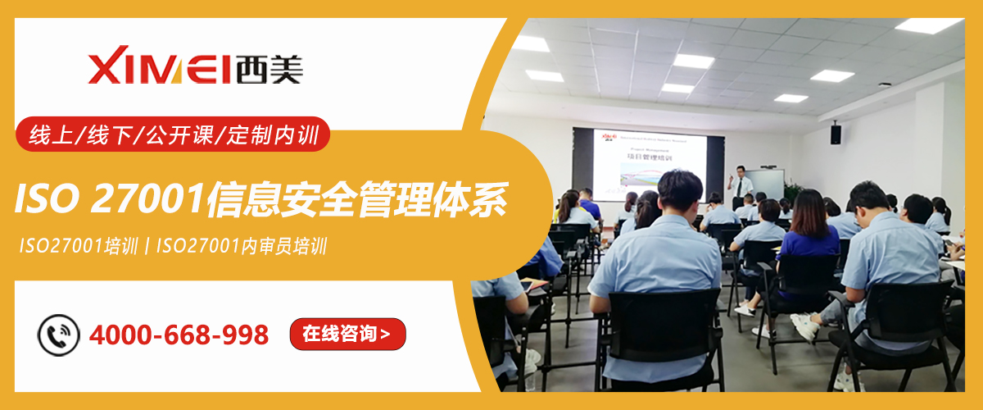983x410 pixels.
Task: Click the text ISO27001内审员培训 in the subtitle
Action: coord(242,246)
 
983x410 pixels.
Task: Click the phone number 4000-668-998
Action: coord(179,335)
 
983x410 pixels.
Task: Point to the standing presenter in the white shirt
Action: coord(742,184)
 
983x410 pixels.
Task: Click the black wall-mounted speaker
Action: coord(836,134)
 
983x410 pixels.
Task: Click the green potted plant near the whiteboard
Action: coord(792,189)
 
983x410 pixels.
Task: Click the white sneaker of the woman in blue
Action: coord(745,310)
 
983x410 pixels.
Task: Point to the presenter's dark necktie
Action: coord(740,187)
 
